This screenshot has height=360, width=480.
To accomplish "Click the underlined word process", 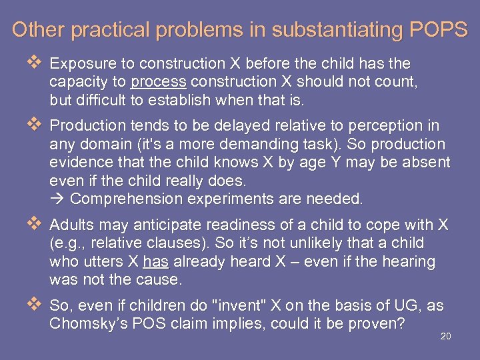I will (159, 83).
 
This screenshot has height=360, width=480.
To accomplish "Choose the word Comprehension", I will (125, 199).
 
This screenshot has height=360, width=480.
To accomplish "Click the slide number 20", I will (446, 337).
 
